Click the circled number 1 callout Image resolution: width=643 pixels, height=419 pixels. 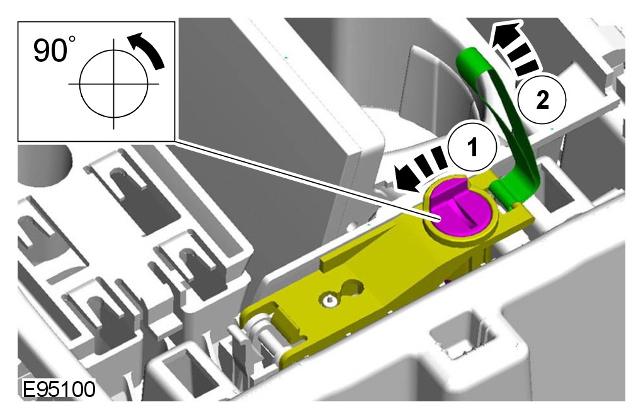pos(472,146)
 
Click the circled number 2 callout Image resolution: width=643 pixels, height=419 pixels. pos(542,99)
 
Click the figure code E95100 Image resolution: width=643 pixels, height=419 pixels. pos(59,389)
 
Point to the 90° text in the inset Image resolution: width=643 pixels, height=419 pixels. pos(55,49)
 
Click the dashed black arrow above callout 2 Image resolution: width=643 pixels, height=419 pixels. pos(513,48)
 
